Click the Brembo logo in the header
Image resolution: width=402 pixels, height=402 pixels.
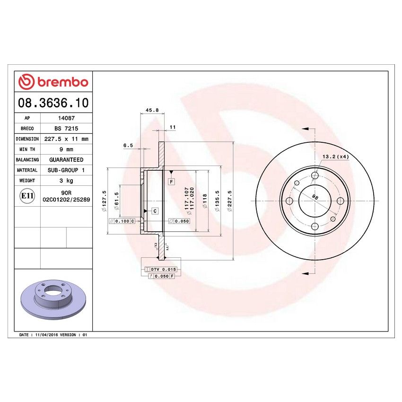point(53,82)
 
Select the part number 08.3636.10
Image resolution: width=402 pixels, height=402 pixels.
point(53,102)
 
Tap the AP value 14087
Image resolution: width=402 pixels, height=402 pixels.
point(65,118)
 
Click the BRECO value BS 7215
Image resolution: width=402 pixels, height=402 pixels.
point(65,129)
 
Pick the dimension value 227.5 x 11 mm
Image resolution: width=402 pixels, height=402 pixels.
point(65,139)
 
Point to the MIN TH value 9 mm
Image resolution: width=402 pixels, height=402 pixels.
point(65,149)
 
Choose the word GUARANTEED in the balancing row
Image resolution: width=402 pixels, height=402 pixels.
point(65,160)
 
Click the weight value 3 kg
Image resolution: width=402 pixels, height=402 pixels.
point(65,181)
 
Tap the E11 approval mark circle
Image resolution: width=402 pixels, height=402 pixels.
point(27,196)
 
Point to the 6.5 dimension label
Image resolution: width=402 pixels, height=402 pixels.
point(128,146)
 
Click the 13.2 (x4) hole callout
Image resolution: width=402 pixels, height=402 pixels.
point(335,157)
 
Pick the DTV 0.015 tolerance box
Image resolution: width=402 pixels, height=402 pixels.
point(164,269)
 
